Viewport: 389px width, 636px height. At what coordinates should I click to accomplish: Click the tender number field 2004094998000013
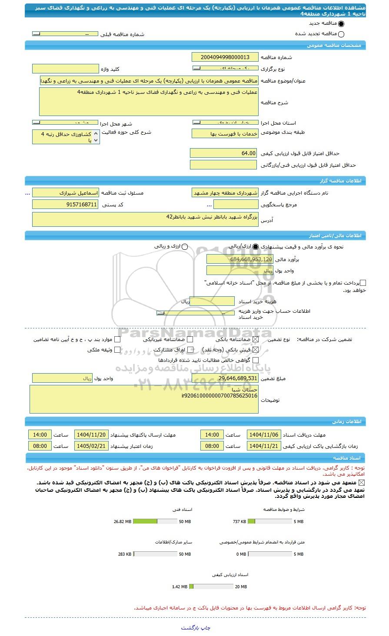[x=225, y=57]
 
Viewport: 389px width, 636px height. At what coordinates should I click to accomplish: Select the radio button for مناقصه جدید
[x=341, y=24]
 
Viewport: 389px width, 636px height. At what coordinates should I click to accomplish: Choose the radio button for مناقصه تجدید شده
[x=341, y=34]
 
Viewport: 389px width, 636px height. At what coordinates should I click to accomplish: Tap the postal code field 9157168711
[x=66, y=204]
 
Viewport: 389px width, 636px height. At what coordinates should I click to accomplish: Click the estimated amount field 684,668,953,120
[x=240, y=259]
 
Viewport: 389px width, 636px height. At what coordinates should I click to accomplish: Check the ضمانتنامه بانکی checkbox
[x=256, y=339]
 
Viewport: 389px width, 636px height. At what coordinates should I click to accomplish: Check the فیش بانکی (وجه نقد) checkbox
[x=256, y=349]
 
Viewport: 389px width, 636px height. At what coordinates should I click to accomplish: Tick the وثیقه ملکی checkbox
[x=117, y=349]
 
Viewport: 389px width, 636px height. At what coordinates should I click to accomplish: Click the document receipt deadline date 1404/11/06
[x=264, y=435]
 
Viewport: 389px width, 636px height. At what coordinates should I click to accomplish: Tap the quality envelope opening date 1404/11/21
[x=264, y=446]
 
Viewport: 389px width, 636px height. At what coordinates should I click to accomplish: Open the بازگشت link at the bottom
[x=190, y=628]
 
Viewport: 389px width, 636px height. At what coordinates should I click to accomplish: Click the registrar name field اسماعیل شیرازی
[x=66, y=192]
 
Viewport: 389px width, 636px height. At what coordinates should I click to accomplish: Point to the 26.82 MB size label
[x=122, y=521]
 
